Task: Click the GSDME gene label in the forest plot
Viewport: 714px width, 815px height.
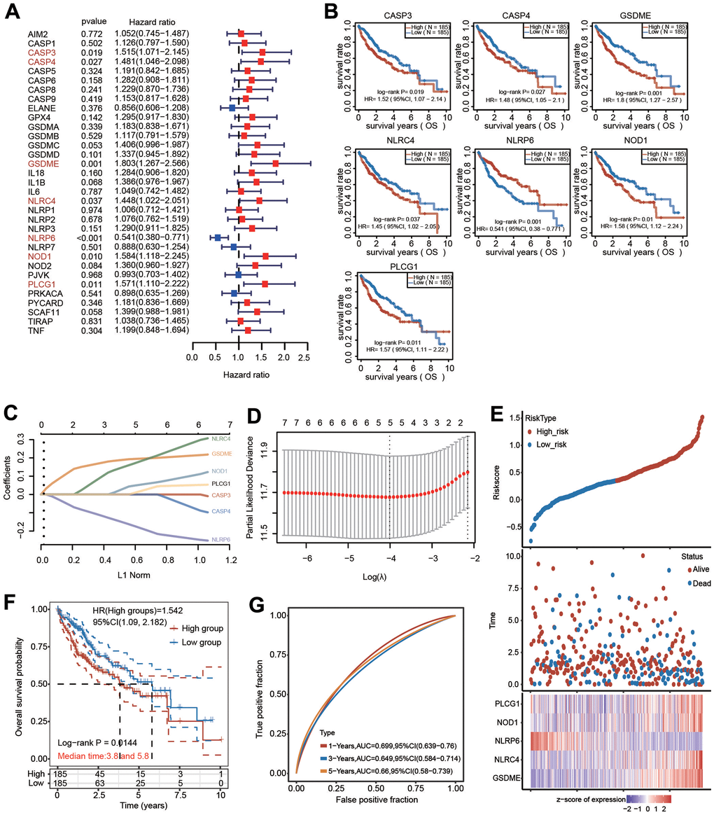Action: (x=42, y=162)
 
